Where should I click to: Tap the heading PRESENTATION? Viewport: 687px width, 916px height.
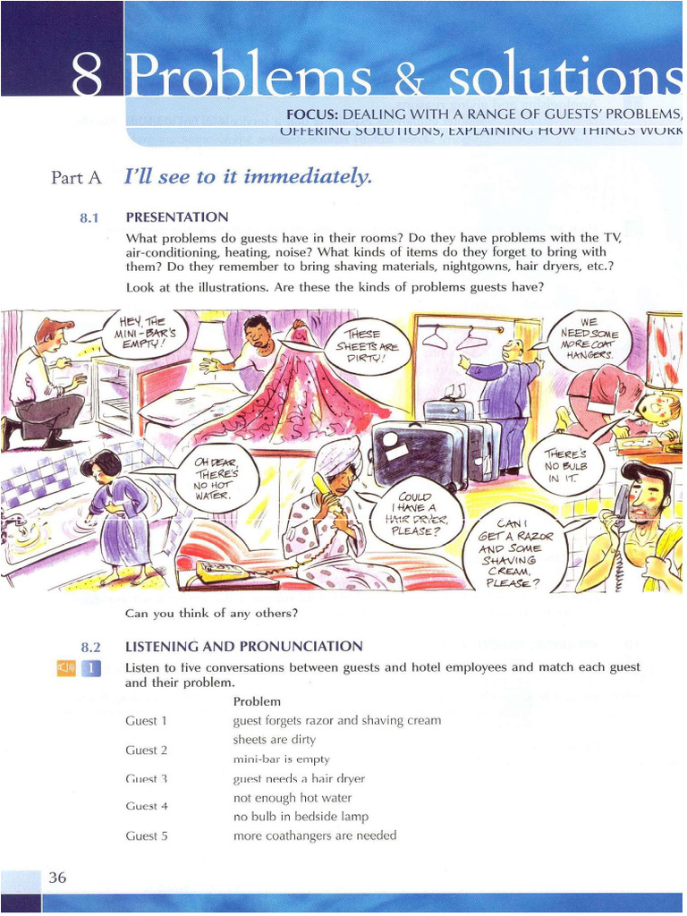[x=177, y=216]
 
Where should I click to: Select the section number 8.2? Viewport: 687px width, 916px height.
[x=91, y=646]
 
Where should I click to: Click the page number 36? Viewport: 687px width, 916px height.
[x=57, y=878]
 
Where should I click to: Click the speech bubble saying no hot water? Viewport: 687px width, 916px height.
[x=222, y=478]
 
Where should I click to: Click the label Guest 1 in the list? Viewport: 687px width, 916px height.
[x=146, y=720]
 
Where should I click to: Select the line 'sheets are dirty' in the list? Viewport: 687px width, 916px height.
[x=274, y=740]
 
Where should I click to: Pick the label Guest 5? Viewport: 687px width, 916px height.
[x=146, y=836]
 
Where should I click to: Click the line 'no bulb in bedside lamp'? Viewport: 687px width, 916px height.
[x=301, y=816]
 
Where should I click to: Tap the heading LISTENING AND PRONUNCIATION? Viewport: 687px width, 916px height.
[x=244, y=646]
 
